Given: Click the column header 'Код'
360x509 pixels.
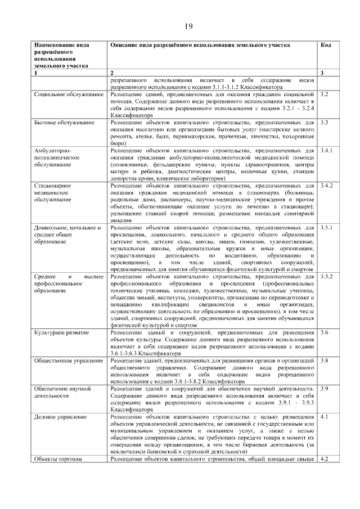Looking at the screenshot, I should (x=325, y=45).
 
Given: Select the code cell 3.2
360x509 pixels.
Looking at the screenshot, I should (x=324, y=94).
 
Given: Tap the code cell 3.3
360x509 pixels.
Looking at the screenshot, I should (x=324, y=122).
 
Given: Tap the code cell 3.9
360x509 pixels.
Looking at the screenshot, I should (x=324, y=388).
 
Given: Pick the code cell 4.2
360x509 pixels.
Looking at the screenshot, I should (x=324, y=458).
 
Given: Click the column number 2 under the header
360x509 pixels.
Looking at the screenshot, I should (x=112, y=73).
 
